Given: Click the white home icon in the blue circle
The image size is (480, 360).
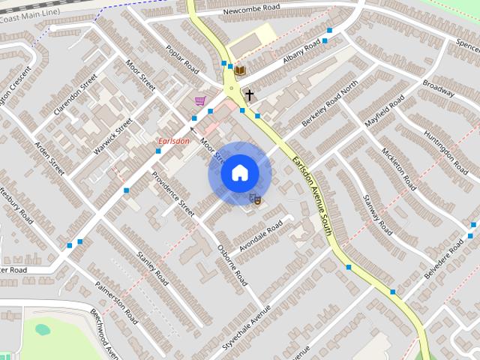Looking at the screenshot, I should (x=239, y=173).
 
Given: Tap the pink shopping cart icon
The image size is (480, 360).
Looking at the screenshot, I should (x=199, y=100).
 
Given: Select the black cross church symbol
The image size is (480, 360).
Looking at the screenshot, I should (x=248, y=95).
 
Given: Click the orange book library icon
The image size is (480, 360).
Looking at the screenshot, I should (x=240, y=70).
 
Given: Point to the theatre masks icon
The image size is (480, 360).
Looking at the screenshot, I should (x=255, y=199).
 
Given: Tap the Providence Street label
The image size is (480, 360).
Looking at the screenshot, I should (x=173, y=193).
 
